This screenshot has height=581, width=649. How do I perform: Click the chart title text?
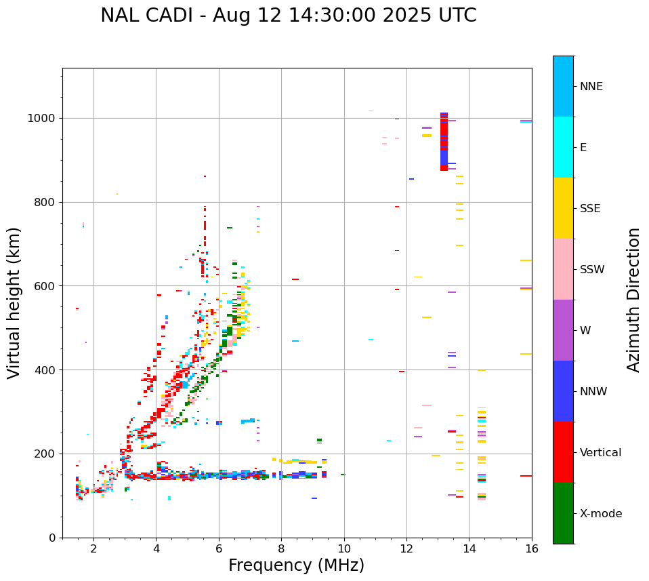coord(289,16)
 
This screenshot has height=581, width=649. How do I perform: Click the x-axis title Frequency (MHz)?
coord(296,565)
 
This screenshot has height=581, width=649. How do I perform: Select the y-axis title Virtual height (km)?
coord(14,303)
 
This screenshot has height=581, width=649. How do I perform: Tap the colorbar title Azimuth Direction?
coord(633,300)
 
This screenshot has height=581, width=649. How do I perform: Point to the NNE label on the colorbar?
coord(591,87)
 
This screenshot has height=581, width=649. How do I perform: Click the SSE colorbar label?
coord(589,209)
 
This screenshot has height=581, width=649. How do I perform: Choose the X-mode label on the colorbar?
coord(600,514)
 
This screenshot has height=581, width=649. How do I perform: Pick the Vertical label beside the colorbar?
coord(600,453)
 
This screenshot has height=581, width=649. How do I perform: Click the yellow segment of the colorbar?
coord(563,208)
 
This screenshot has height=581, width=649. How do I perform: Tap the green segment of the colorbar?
coord(563,513)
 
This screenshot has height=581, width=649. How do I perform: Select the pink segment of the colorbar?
coord(563,269)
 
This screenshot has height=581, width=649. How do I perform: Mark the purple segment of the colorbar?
coord(563,330)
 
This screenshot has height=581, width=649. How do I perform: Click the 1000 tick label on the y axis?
coord(42,119)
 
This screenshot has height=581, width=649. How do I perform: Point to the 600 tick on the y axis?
coord(45,286)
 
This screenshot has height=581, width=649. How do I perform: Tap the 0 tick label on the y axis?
coord(51,538)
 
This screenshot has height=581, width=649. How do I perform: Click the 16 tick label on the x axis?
coord(532,549)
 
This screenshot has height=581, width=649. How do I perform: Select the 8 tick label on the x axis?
coord(281,549)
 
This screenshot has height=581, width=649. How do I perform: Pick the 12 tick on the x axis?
coord(406,549)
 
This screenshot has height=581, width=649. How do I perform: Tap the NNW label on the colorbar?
coord(593,392)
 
